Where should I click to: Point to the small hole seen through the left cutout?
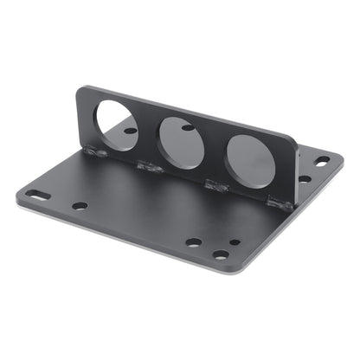click(130, 131)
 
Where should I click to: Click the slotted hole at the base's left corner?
click(35, 193)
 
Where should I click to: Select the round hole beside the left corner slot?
click(80, 206)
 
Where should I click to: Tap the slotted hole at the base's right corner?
click(322, 160)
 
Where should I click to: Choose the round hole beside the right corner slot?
click(305, 179)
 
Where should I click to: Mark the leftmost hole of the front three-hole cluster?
click(194, 242)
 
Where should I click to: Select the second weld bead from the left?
click(148, 165)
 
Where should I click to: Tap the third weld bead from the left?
click(214, 183)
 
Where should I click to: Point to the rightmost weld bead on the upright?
click(279, 204)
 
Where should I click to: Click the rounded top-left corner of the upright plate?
click(80, 89)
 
